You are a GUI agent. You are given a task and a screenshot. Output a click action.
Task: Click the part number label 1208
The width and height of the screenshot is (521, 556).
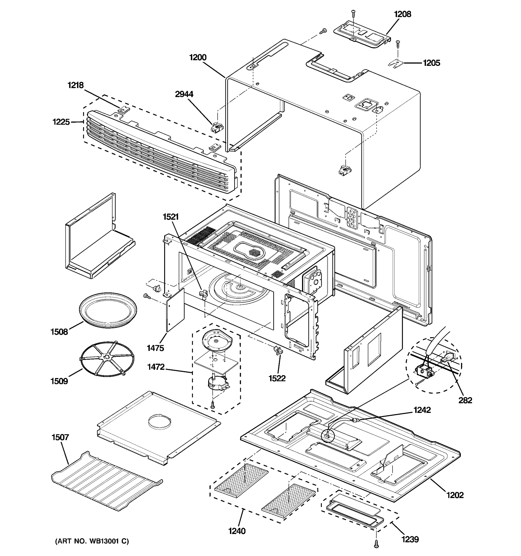pos(402,14)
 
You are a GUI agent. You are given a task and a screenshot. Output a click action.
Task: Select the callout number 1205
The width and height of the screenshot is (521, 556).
pos(431,63)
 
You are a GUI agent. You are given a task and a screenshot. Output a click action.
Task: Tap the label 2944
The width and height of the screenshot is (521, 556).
pos(184,94)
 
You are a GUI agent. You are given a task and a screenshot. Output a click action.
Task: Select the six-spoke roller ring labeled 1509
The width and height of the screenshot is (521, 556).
pos(107,359)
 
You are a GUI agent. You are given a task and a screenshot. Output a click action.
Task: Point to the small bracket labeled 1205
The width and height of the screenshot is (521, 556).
pos(395,64)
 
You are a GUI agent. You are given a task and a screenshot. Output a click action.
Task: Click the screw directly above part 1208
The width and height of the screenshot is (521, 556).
pos(353,12)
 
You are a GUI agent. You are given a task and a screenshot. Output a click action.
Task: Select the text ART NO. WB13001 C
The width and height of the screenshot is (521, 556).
pos(92,541)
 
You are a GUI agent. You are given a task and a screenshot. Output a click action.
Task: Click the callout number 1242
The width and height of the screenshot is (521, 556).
pos(422,410)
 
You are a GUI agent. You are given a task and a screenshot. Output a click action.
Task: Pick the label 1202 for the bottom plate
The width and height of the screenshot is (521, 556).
pos(455,495)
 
